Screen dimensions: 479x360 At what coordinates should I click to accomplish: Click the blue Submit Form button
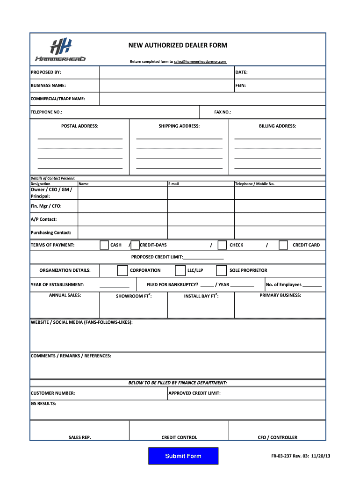[x=183, y=456]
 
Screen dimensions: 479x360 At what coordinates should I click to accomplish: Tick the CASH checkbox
[x=104, y=245]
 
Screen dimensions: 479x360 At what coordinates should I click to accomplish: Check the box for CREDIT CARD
[x=283, y=245]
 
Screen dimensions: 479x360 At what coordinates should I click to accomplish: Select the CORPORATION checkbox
[x=122, y=270]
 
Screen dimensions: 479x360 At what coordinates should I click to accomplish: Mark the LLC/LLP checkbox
[x=180, y=270]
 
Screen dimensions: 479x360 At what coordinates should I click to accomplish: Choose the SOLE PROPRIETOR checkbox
[x=222, y=270]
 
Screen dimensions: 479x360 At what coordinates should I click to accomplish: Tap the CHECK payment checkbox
[x=222, y=245]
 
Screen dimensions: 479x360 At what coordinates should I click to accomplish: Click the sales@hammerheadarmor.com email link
[x=200, y=62]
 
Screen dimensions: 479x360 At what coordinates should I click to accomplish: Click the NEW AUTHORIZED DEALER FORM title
[x=178, y=45]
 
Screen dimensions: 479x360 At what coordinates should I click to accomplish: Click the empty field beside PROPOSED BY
[x=166, y=73]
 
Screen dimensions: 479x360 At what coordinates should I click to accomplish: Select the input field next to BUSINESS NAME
[x=166, y=86]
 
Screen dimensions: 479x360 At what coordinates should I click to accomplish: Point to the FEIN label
[x=241, y=86]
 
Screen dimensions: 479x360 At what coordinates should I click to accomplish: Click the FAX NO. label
[x=223, y=112]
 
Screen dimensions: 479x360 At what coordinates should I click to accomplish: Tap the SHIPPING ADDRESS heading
[x=179, y=126]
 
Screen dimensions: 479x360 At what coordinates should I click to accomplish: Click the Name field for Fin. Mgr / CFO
[x=122, y=206]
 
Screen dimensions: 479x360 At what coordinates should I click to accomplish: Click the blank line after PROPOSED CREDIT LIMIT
[x=203, y=257]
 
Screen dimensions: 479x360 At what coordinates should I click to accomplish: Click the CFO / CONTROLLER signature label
[x=277, y=437]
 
